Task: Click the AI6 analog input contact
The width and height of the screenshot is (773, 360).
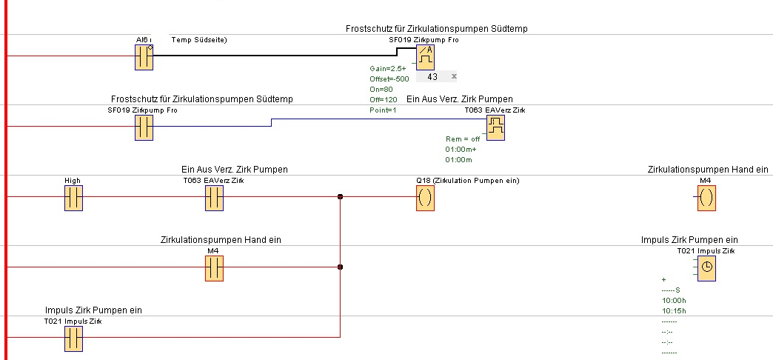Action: (144, 57)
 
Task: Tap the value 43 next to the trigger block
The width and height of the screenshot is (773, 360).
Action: (433, 76)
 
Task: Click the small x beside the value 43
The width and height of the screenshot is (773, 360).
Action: (454, 76)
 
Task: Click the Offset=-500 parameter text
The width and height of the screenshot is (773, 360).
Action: (389, 79)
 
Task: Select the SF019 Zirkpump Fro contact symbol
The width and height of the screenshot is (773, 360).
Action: (144, 127)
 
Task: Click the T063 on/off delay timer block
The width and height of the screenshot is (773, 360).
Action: (495, 128)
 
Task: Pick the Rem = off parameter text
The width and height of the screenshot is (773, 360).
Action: (463, 139)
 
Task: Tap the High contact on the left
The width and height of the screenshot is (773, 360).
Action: (73, 198)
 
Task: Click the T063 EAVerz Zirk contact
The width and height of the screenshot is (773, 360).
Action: (214, 198)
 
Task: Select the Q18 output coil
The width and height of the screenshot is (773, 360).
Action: (425, 198)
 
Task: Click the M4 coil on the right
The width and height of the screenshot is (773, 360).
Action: (706, 198)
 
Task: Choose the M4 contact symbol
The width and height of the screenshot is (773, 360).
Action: (214, 268)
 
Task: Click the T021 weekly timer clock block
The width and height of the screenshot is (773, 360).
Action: (706, 268)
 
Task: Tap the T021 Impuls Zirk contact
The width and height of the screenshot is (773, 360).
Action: (73, 339)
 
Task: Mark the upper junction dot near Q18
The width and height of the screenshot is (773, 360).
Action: (340, 197)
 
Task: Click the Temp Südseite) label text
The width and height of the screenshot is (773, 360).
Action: (198, 39)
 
